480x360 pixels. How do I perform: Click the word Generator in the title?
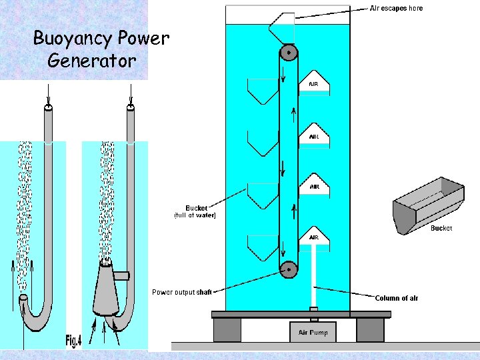pyautogui.click(x=92, y=61)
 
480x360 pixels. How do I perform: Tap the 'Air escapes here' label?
pyautogui.click(x=396, y=9)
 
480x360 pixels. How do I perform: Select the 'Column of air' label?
pyautogui.click(x=397, y=298)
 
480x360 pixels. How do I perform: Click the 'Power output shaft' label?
pyautogui.click(x=182, y=292)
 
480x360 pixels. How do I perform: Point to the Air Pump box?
pyautogui.click(x=314, y=332)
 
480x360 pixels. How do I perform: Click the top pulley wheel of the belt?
pyautogui.click(x=288, y=53)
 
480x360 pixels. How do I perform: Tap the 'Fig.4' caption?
pyautogui.click(x=73, y=341)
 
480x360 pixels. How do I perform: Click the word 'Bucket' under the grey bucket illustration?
pyautogui.click(x=441, y=228)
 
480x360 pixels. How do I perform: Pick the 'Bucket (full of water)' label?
pyautogui.click(x=196, y=211)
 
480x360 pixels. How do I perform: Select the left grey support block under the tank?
pyautogui.click(x=227, y=329)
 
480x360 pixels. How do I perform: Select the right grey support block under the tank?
pyautogui.click(x=370, y=329)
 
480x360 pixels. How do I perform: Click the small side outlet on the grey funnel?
pyautogui.click(x=121, y=275)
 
